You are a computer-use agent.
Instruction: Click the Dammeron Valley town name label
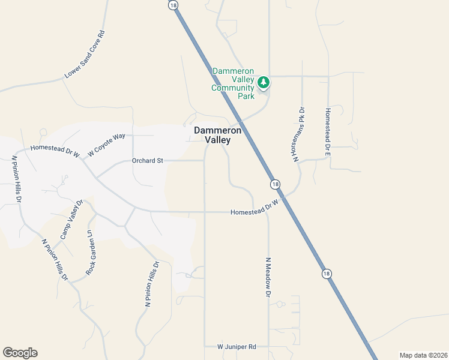coord(217,135)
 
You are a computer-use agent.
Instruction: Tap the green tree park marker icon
coord(263,82)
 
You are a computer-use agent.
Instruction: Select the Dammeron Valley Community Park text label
coord(233,83)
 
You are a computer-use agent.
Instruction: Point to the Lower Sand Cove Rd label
coord(85,55)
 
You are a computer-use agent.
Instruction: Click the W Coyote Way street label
coord(106,145)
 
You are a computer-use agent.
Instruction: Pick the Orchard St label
coord(148,161)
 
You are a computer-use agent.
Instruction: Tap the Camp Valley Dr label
coord(70,220)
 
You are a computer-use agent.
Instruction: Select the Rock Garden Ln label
coord(91,252)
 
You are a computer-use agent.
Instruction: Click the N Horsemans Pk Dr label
coord(299,134)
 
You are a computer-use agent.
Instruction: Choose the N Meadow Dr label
coord(268,276)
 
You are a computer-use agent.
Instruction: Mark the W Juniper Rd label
coord(237,347)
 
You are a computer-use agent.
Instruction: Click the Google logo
coord(20,353)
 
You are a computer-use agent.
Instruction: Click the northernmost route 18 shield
coord(173,5)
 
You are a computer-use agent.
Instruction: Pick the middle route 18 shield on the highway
coord(274,184)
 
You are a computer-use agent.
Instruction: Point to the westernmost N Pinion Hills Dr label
coord(17,179)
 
